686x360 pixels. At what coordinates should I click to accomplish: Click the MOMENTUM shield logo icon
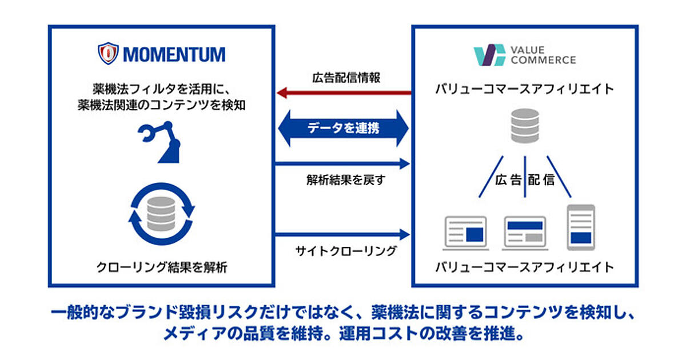[108, 53]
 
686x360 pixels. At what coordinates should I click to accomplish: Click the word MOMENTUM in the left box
[174, 54]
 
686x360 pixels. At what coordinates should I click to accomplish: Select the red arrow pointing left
[343, 93]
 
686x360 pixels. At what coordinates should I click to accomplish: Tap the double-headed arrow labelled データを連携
[344, 129]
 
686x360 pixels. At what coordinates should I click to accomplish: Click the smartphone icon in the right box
[581, 227]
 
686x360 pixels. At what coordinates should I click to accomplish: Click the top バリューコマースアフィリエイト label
[525, 89]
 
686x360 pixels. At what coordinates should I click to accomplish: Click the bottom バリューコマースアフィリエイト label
[525, 266]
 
